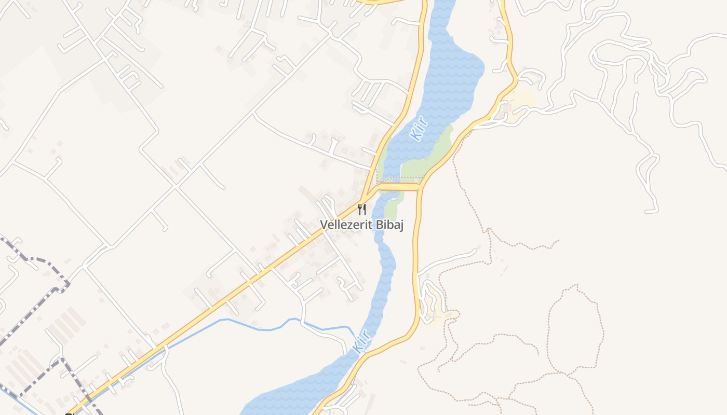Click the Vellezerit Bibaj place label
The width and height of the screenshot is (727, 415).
point(361,225)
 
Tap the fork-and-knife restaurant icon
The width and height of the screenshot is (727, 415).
point(362,210)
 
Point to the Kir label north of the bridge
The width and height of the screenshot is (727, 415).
point(419,129)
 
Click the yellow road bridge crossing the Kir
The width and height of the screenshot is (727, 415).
point(399,187)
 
